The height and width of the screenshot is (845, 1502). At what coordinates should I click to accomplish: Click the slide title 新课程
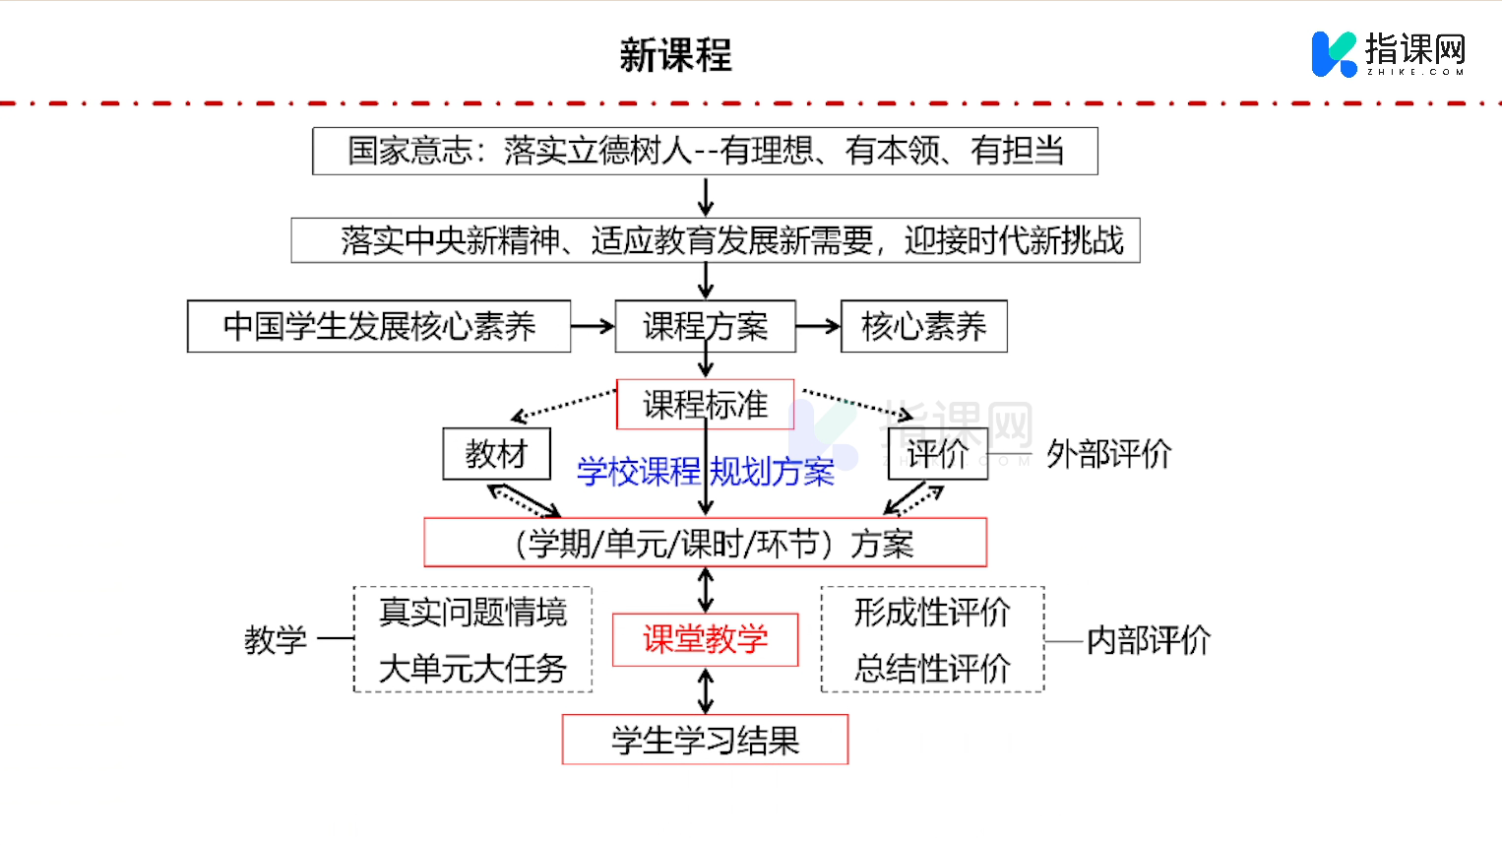pos(676,55)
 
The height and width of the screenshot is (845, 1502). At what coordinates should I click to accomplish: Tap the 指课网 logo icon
pos(1334,54)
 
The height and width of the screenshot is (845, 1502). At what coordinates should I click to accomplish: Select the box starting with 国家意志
pos(705,151)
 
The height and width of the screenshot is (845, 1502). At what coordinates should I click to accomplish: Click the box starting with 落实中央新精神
pos(716,240)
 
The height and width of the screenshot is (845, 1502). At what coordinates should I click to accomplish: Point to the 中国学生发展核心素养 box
pos(379,326)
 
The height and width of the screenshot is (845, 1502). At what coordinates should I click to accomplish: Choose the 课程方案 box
pos(705,326)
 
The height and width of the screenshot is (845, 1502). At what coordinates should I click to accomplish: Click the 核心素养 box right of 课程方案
pos(923,326)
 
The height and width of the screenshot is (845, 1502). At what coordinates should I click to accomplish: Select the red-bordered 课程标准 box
pos(705,405)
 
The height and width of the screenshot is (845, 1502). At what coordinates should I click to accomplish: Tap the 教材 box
pos(496,454)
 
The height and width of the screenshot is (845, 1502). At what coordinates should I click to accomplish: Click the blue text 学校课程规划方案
pos(705,472)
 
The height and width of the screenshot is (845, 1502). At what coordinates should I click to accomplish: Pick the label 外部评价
pos(1108,454)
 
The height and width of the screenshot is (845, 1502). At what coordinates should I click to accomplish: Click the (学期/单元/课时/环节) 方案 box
pos(705,543)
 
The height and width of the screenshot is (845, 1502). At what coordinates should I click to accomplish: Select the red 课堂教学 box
pos(705,639)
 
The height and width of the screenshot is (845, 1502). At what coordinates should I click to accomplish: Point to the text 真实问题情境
pos(472,613)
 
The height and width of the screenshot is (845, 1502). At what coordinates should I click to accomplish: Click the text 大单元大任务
pos(472,669)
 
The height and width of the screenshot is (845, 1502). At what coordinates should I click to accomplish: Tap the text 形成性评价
pos(932,613)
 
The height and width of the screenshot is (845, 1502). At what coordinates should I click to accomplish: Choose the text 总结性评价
pos(932,669)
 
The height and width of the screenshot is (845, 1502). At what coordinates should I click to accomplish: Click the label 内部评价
pos(1148,640)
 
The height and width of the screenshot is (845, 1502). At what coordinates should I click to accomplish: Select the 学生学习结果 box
pos(705,740)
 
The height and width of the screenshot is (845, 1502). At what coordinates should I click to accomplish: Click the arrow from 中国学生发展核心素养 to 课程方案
pos(593,326)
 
